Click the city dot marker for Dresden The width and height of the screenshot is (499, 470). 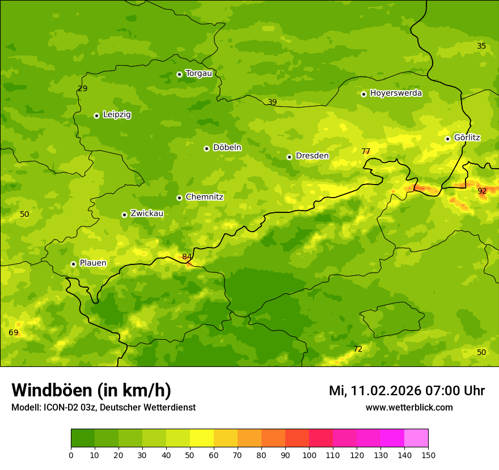(x=289, y=157)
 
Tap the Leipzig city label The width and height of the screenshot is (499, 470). (x=117, y=115)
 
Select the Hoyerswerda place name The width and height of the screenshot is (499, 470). (x=396, y=93)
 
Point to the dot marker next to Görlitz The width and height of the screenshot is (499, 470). (x=447, y=139)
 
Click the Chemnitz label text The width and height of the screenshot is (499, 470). (x=204, y=198)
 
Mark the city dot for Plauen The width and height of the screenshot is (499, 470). (x=73, y=264)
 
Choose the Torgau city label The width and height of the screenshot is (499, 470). (x=198, y=74)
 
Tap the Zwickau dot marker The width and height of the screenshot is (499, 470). (x=124, y=215)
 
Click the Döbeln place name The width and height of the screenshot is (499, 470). (x=227, y=148)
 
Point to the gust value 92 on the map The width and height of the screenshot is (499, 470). (x=482, y=191)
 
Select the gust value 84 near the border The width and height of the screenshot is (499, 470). (x=187, y=257)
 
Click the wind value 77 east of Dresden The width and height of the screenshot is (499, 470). (x=366, y=152)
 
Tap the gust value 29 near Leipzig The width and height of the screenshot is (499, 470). (x=83, y=89)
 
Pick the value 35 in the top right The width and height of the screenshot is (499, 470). (x=481, y=46)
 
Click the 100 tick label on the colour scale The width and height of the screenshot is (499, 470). (x=309, y=455)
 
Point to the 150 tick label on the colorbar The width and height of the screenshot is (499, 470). (x=428, y=455)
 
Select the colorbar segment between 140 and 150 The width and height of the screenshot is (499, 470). (x=416, y=438)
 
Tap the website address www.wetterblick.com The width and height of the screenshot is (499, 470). (x=409, y=408)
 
